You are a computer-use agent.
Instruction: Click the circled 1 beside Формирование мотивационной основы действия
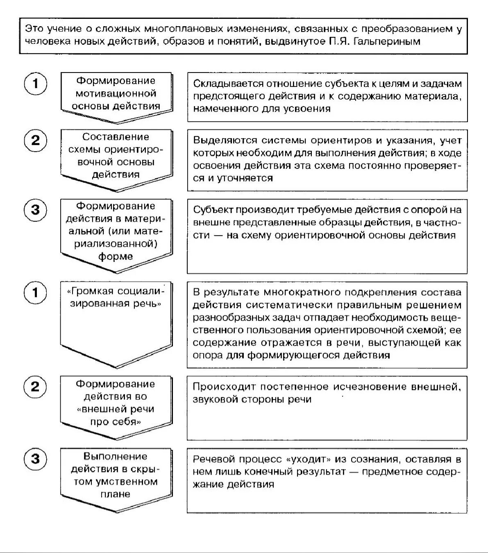pyautogui.click(x=36, y=84)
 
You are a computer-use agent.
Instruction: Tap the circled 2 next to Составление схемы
pyautogui.click(x=36, y=141)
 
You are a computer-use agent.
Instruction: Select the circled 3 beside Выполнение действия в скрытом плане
pyautogui.click(x=36, y=459)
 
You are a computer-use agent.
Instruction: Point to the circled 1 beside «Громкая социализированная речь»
pyautogui.click(x=36, y=293)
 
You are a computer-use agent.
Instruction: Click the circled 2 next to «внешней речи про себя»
pyautogui.click(x=36, y=387)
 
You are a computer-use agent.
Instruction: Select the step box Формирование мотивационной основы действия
pyautogui.click(x=116, y=94)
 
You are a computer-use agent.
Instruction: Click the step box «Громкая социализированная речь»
pyautogui.click(x=116, y=316)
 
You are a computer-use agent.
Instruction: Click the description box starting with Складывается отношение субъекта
pyautogui.click(x=327, y=97)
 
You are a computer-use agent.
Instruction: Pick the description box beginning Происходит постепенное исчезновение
pyautogui.click(x=327, y=408)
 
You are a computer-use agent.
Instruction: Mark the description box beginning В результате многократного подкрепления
pyautogui.click(x=327, y=325)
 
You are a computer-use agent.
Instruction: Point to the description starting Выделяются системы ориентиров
pyautogui.click(x=327, y=160)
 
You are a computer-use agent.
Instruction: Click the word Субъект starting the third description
pyautogui.click(x=213, y=210)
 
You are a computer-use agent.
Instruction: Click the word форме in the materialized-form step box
pyautogui.click(x=116, y=257)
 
